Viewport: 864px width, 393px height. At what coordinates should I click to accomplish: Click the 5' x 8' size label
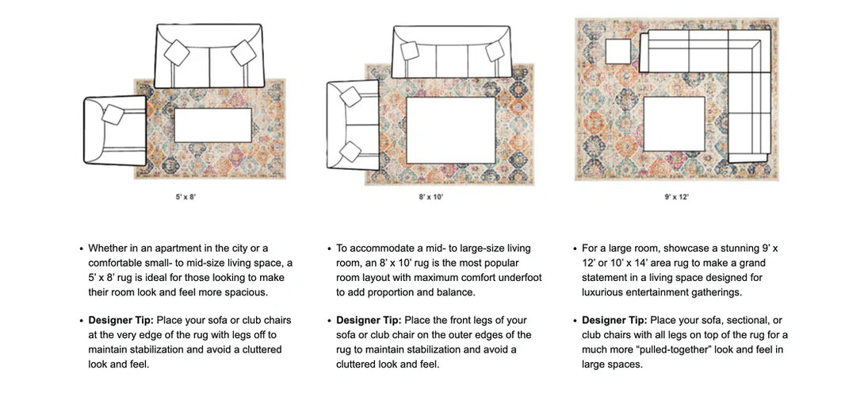[x=182, y=196]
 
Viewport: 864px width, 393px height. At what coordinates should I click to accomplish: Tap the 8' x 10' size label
[x=431, y=196]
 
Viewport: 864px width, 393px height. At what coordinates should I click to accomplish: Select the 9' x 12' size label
[x=677, y=196]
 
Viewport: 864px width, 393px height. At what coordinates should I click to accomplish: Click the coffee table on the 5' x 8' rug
[x=212, y=125]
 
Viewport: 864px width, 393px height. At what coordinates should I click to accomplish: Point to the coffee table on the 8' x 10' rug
[x=451, y=130]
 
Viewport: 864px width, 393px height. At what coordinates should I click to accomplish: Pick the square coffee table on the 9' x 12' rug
[x=674, y=124]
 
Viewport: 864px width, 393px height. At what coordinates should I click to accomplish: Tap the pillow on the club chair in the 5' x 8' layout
[x=113, y=115]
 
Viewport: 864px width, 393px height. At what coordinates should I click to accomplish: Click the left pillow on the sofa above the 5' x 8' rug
[x=177, y=53]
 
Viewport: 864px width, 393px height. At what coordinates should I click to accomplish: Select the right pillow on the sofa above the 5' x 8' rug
[x=243, y=53]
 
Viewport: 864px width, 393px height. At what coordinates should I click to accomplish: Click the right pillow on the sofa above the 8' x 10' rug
[x=495, y=52]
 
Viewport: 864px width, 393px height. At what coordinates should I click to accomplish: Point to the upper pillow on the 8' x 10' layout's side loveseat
[x=350, y=97]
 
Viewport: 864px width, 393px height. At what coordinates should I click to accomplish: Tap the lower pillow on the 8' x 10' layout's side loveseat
[x=350, y=151]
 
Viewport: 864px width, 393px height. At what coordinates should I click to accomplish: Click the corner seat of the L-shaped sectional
[x=749, y=51]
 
